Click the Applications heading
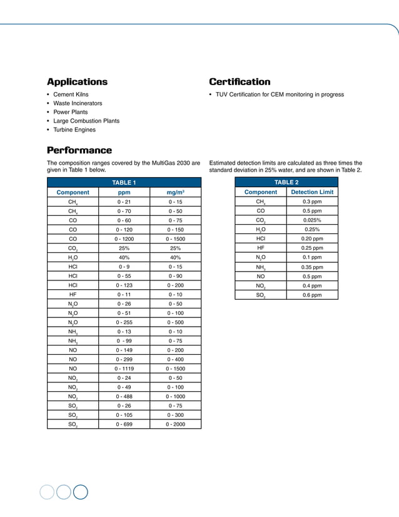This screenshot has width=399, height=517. pyautogui.click(x=77, y=82)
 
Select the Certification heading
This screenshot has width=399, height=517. pyautogui.click(x=240, y=82)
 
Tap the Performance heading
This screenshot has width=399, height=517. pyautogui.click(x=79, y=150)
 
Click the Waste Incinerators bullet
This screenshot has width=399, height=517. pyautogui.click(x=78, y=103)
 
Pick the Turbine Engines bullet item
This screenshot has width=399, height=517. pyautogui.click(x=74, y=130)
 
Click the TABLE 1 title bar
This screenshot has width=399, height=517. pyautogui.click(x=124, y=182)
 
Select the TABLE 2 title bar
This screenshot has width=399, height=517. pyautogui.click(x=286, y=182)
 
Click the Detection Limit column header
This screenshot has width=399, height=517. pyautogui.click(x=312, y=192)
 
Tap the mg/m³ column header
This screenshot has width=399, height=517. pyautogui.click(x=175, y=192)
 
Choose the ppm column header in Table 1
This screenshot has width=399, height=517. pyautogui.click(x=124, y=192)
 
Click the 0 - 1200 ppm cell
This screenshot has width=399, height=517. pyautogui.click(x=124, y=238)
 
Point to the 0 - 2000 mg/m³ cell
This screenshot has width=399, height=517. pyautogui.click(x=175, y=424)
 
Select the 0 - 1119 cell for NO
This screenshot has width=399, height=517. pyautogui.click(x=124, y=369)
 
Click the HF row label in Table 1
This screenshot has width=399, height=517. pyautogui.click(x=73, y=294)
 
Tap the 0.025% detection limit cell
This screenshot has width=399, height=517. pyautogui.click(x=312, y=220)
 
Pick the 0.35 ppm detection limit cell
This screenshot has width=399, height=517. pyautogui.click(x=312, y=267)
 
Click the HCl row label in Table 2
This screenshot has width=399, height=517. pyautogui.click(x=260, y=238)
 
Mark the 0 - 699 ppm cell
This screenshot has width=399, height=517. pyautogui.click(x=124, y=424)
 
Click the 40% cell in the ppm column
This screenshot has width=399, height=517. pyautogui.click(x=124, y=257)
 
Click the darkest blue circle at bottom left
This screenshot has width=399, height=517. pyautogui.click(x=80, y=492)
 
